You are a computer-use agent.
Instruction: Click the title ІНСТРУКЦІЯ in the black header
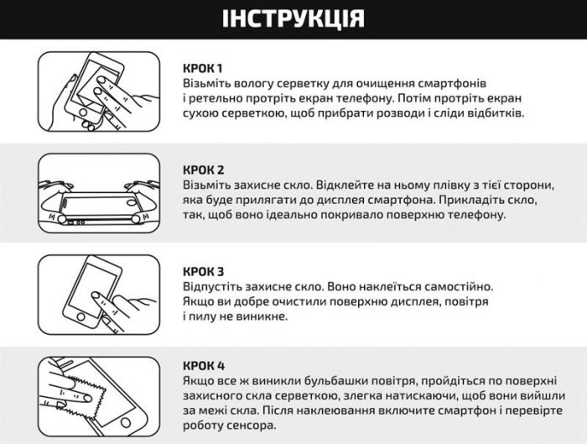pyautogui.click(x=293, y=19)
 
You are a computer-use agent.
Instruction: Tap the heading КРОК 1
pyautogui.click(x=203, y=67)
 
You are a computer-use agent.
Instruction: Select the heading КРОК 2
pyautogui.click(x=204, y=170)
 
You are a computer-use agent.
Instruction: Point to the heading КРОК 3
pyautogui.click(x=204, y=271)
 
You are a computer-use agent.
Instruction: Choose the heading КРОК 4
pyautogui.click(x=204, y=366)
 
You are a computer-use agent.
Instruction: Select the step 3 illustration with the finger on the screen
pyautogui.click(x=99, y=295)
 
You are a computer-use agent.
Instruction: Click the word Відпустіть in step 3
pyautogui.click(x=214, y=286)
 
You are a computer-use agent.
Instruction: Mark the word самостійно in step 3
pyautogui.click(x=456, y=286)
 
